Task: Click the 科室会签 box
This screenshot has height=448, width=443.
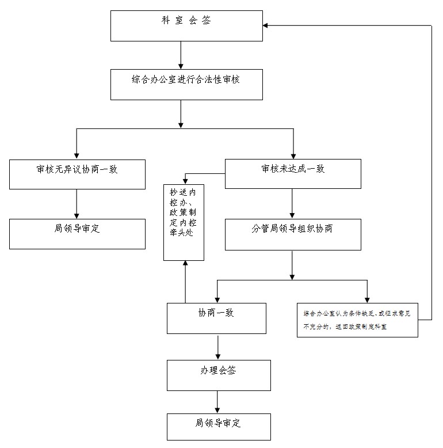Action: [x=186, y=26]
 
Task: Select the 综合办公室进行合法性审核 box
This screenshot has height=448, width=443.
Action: [x=186, y=85]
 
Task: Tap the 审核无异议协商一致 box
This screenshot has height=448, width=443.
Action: [x=77, y=174]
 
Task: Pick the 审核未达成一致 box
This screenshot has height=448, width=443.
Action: [x=293, y=174]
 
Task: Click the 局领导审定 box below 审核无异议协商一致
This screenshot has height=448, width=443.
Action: [x=77, y=234]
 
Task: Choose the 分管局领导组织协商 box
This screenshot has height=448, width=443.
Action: [x=293, y=234]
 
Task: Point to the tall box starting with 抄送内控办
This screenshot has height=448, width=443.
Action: [x=184, y=223]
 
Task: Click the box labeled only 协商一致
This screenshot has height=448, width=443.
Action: [x=216, y=318]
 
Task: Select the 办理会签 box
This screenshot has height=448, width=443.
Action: [x=219, y=375]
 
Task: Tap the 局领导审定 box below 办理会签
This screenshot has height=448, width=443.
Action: [x=219, y=427]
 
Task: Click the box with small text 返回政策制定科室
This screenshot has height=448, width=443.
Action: [x=357, y=320]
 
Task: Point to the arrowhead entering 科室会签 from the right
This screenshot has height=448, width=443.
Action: [x=265, y=25]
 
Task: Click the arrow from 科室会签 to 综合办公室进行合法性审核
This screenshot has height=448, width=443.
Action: [x=181, y=55]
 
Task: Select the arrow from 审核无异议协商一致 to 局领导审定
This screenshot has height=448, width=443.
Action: [x=77, y=204]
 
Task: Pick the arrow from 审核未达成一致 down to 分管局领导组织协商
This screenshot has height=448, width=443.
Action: [x=292, y=203]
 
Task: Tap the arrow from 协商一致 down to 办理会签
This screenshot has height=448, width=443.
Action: [x=218, y=347]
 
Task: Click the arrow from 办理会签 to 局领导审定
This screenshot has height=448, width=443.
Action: [x=217, y=402]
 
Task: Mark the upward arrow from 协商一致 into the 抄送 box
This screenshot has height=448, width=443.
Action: [x=185, y=282]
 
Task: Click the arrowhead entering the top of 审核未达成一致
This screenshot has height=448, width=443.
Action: [x=293, y=156]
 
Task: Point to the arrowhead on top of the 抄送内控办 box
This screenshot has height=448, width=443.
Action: [x=185, y=182]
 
